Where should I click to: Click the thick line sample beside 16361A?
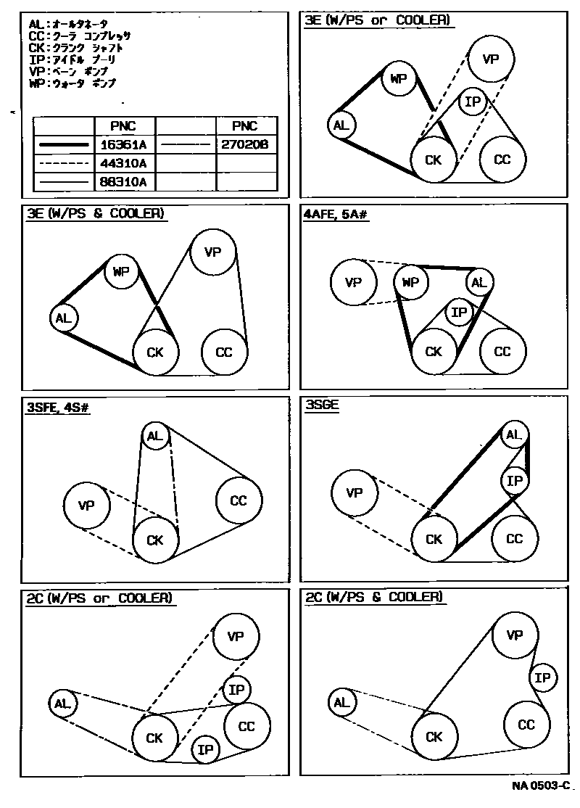click(65, 145)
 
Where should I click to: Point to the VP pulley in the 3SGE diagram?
click(355, 493)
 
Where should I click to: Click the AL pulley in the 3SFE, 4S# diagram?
click(154, 436)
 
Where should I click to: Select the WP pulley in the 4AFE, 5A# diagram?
click(410, 282)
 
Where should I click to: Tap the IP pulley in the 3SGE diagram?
click(514, 480)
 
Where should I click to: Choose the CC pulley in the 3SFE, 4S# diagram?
click(238, 500)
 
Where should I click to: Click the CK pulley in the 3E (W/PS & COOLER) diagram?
click(155, 353)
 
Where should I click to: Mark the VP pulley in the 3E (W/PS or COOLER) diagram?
click(491, 59)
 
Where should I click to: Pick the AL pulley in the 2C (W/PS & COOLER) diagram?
click(341, 702)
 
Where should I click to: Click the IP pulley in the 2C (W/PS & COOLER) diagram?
click(542, 678)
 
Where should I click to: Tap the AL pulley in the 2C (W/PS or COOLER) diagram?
click(62, 703)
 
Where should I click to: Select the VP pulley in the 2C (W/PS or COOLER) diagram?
click(236, 637)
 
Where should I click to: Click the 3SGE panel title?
click(323, 407)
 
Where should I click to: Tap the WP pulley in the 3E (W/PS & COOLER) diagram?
click(120, 272)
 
